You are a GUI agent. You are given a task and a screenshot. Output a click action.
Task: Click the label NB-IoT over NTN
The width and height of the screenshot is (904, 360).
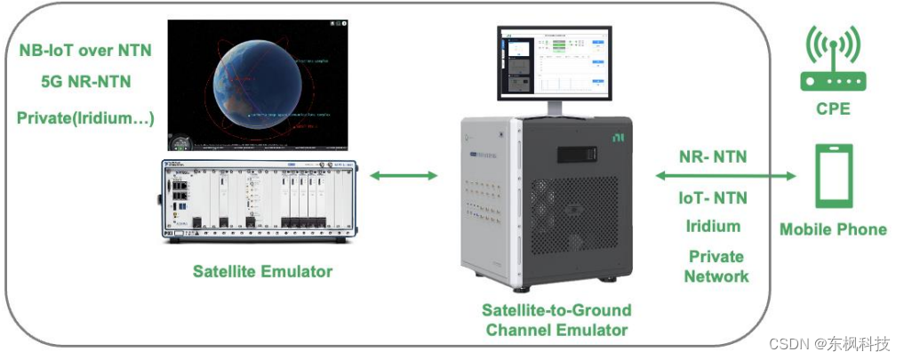pyautogui.click(x=85, y=50)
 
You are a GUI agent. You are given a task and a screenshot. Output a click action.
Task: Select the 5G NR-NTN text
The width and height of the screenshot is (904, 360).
pyautogui.click(x=85, y=82)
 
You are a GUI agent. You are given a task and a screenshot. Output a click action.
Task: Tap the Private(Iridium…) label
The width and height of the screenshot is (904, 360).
pyautogui.click(x=85, y=116)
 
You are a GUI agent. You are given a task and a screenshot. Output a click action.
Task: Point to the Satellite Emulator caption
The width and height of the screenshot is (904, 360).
pyautogui.click(x=262, y=271)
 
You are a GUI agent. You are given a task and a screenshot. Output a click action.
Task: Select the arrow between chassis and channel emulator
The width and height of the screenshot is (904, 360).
pyautogui.click(x=404, y=176)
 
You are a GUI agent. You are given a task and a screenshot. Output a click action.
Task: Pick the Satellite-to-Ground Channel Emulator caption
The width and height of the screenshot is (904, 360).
pyautogui.click(x=556, y=320)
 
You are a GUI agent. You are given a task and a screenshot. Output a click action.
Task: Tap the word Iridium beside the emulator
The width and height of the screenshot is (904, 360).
pyautogui.click(x=714, y=226)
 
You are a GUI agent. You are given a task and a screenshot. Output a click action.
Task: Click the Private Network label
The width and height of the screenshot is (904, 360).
pyautogui.click(x=716, y=266)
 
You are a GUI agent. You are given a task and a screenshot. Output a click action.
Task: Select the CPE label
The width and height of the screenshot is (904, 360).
pyautogui.click(x=833, y=109)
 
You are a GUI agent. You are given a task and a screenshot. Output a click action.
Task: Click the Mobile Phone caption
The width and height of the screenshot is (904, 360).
pyautogui.click(x=833, y=229)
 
